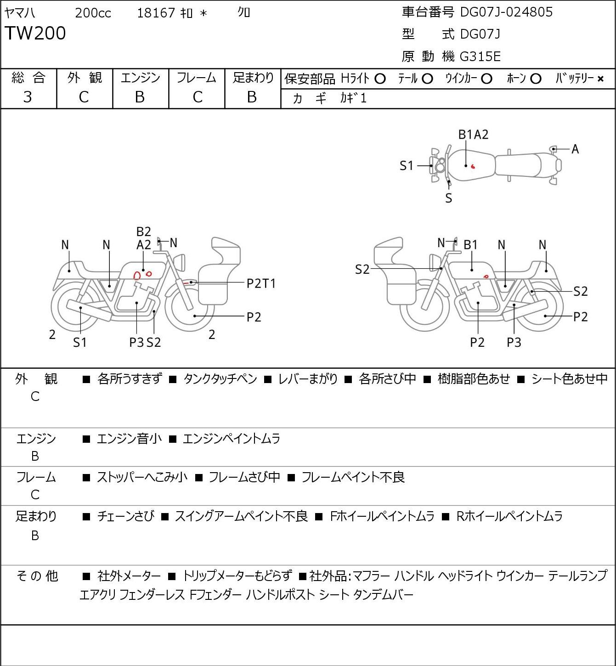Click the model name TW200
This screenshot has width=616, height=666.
click(35, 33)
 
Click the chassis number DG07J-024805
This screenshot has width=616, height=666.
click(506, 12)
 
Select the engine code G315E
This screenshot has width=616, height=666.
click(480, 56)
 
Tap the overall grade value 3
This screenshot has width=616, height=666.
click(28, 97)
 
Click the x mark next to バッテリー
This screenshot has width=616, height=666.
click(600, 79)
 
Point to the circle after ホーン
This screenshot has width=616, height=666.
click(536, 79)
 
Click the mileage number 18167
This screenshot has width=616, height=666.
click(156, 13)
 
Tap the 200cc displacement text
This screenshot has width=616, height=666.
click(93, 13)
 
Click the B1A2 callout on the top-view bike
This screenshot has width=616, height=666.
click(473, 135)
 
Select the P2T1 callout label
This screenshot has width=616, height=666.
click(261, 284)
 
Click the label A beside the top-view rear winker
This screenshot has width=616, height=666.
click(575, 149)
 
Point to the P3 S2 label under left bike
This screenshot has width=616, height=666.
click(145, 342)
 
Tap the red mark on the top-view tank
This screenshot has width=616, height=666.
click(473, 166)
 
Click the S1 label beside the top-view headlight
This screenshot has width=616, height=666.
click(407, 166)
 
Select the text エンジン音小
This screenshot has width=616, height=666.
click(129, 439)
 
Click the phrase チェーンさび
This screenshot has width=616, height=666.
click(126, 516)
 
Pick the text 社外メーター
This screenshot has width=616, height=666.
click(129, 576)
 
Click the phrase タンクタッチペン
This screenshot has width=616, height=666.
click(220, 379)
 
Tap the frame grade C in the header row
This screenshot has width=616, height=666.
click(198, 97)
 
